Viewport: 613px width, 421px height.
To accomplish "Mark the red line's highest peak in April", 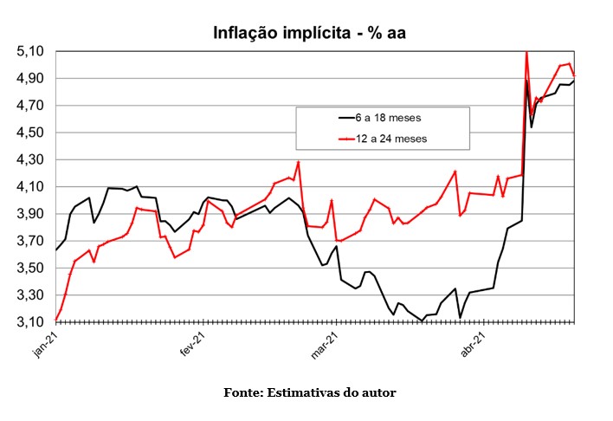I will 526,54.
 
